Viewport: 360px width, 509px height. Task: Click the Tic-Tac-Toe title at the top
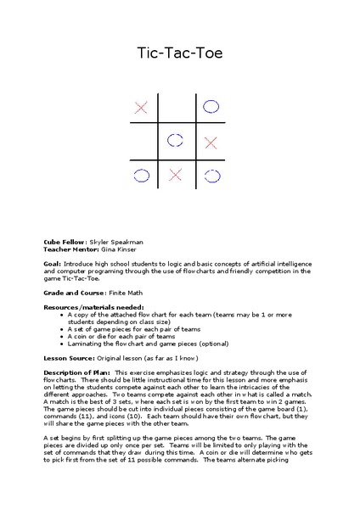tap(179, 53)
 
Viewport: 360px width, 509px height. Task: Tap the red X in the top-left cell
tap(142, 107)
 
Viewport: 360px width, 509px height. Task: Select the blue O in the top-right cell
tap(211, 107)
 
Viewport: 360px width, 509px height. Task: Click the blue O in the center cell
tap(176, 140)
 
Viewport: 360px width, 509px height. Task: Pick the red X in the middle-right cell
tap(211, 141)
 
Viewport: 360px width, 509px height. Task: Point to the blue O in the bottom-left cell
tap(141, 176)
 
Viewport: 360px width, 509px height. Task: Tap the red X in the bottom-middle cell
tap(176, 176)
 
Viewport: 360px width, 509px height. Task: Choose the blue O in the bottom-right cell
tap(211, 176)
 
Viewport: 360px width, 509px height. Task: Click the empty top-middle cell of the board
tap(176, 107)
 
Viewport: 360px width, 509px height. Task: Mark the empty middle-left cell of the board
tap(142, 141)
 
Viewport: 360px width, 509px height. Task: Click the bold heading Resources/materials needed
tap(93, 307)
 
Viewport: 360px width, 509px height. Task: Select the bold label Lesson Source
tap(69, 358)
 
